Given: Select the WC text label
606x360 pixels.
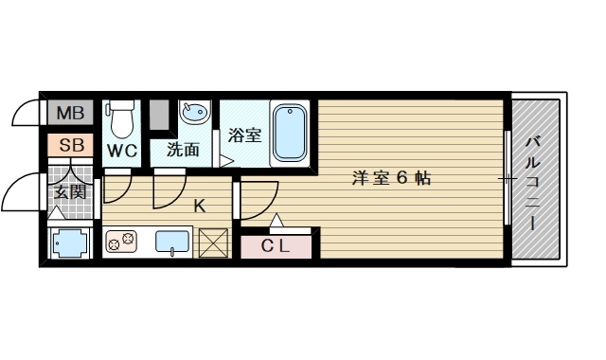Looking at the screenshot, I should point(122,151).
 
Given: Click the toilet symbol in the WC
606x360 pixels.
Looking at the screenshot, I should point(122,119).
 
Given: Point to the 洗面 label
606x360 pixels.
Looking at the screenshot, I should point(183,150).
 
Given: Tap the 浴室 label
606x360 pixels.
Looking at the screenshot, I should point(245,135).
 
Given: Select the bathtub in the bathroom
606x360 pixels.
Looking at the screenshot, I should point(291,134).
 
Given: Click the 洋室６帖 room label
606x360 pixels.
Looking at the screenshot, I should point(391,177).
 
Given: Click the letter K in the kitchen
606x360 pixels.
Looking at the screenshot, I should point(200,205).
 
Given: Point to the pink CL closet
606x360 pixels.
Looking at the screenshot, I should point(275,246).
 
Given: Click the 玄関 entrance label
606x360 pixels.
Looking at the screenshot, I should point(70,194).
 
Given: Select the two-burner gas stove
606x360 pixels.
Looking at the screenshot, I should point(121,244).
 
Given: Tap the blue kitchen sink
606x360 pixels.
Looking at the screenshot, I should point(171,243).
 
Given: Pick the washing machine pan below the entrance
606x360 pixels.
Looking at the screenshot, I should point(71,243).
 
